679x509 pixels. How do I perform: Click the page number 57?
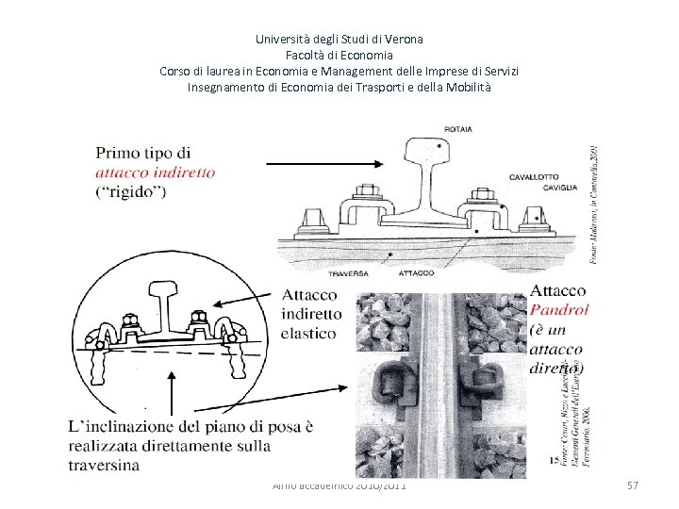pyautogui.click(x=633, y=484)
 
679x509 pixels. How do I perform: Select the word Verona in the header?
pyautogui.click(x=404, y=40)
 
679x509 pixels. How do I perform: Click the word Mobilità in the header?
pyautogui.click(x=465, y=88)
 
